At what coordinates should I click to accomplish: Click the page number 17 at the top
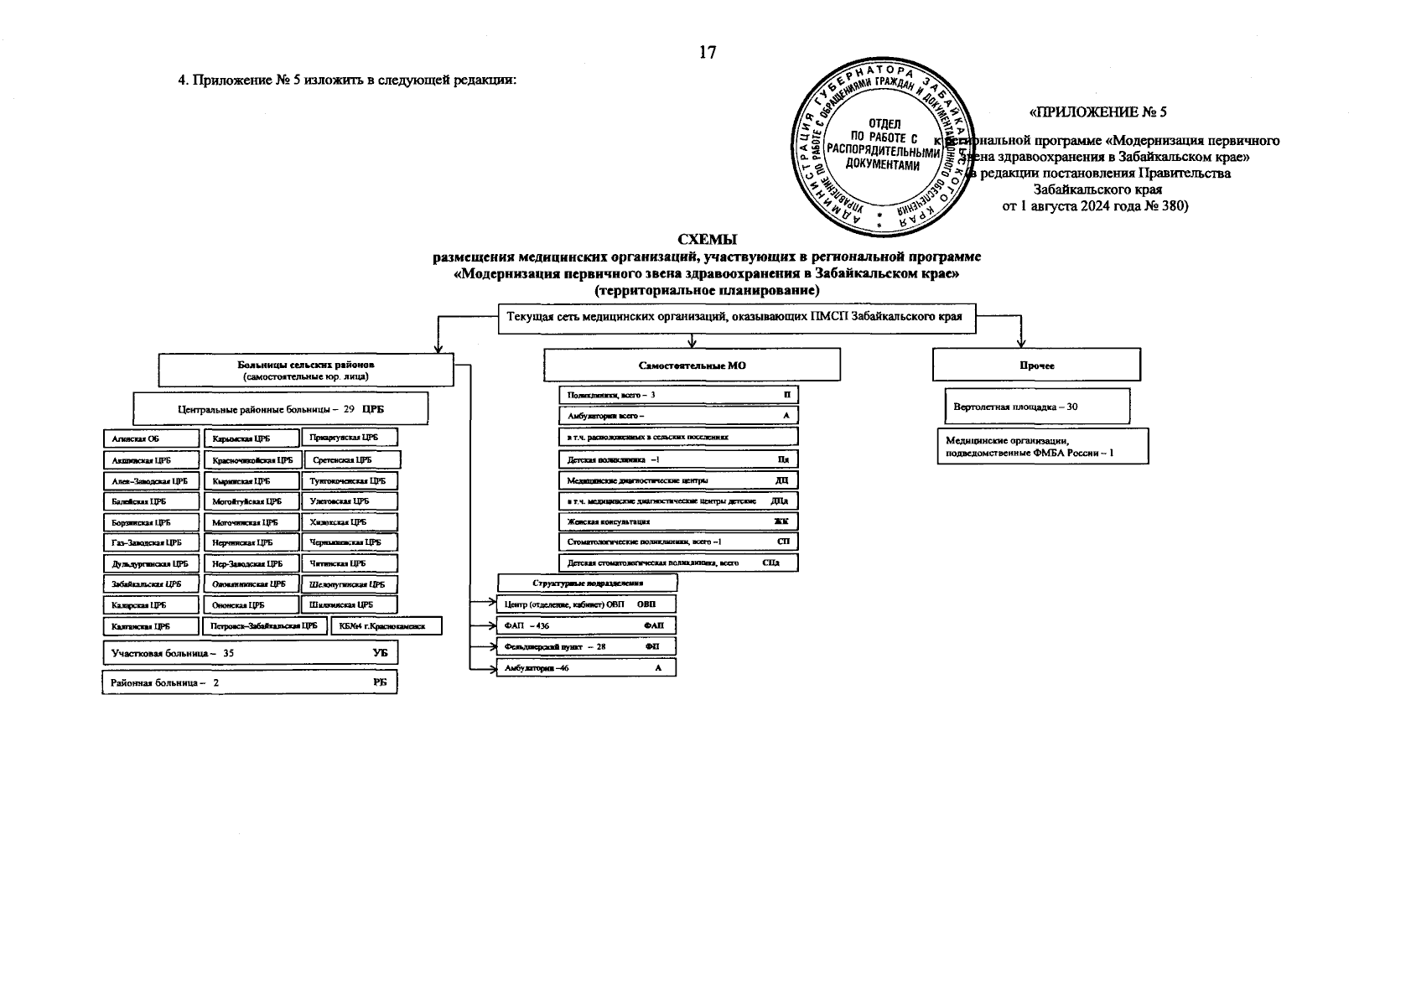(708, 53)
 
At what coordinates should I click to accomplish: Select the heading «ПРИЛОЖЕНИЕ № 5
(1097, 111)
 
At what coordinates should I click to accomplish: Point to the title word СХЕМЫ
(706, 241)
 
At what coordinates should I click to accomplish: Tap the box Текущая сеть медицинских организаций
(736, 318)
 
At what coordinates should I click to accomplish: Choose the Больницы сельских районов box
(306, 370)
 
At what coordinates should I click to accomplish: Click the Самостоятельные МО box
(692, 366)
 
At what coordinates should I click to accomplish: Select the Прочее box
(1036, 366)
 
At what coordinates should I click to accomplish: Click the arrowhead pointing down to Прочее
(1021, 342)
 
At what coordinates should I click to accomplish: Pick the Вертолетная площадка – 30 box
(1036, 407)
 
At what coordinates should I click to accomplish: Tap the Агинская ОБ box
(151, 438)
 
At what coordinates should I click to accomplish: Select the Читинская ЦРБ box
(349, 563)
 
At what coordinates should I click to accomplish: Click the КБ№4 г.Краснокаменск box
(386, 626)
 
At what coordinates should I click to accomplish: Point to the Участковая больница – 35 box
(250, 653)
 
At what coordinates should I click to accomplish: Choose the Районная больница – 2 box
(250, 682)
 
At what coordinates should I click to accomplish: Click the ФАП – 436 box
(586, 625)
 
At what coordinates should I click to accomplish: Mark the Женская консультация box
(678, 521)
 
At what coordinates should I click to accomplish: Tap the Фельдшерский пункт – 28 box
(586, 646)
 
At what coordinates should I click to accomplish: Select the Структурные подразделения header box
(587, 583)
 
